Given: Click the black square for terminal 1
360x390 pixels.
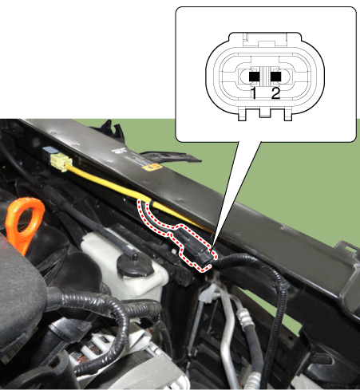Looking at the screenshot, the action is (x=254, y=77).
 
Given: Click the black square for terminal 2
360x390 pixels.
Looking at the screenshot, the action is (x=275, y=77).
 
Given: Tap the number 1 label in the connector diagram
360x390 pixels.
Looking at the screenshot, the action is (x=254, y=93).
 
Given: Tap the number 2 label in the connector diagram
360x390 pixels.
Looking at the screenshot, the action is (x=275, y=93).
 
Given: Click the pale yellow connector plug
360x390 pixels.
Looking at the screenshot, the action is (x=62, y=162).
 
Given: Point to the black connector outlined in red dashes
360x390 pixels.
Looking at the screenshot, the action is (x=193, y=246).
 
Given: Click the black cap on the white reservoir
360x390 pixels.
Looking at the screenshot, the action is (x=135, y=263).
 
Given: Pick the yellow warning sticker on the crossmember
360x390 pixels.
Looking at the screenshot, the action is (x=152, y=167).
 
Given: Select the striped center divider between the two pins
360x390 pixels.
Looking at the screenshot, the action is (x=265, y=77).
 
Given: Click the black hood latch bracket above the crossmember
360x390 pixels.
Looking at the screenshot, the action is (x=112, y=130).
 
